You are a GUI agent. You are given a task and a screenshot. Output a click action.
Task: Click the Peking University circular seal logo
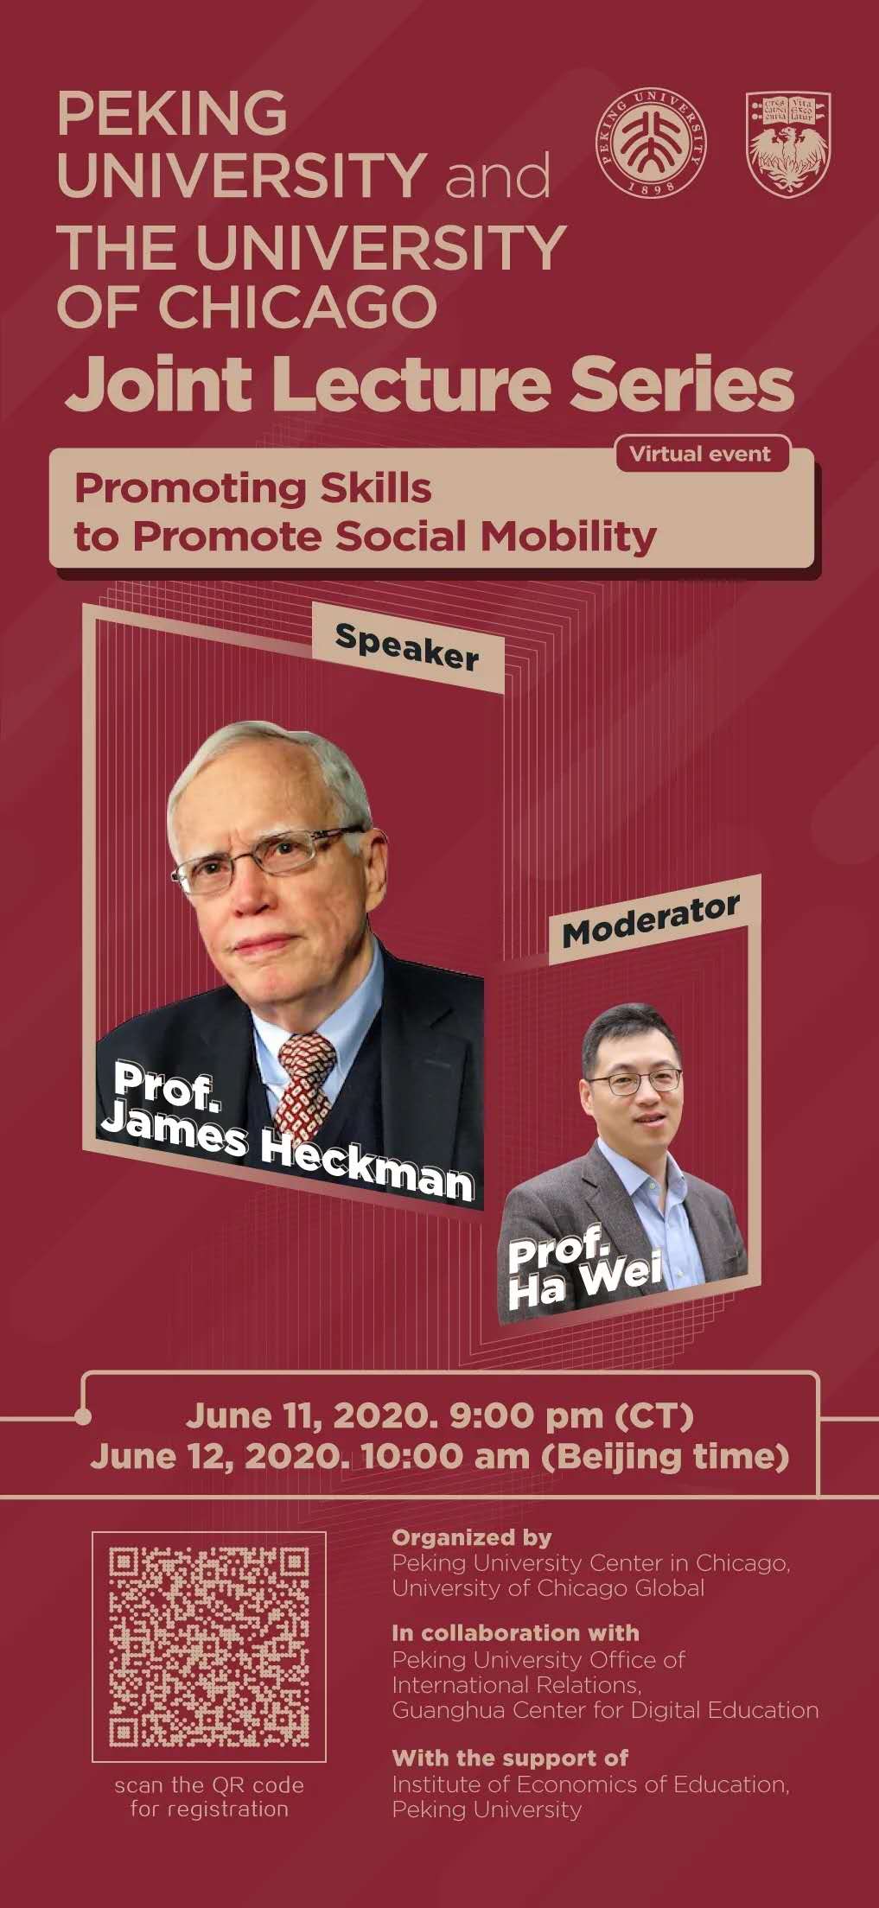point(652,142)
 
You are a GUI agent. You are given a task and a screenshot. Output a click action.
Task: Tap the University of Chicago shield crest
point(787,143)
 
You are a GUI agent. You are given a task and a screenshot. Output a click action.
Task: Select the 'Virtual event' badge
point(702,455)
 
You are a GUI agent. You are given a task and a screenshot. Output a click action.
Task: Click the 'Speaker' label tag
point(407,646)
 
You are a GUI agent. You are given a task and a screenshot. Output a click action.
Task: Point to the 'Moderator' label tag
point(653,920)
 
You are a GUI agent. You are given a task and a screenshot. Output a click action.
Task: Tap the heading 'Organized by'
point(471,1537)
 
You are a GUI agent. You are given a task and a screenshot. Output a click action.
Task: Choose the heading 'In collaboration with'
point(515,1632)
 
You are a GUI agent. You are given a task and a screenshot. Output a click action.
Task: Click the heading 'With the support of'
point(510,1757)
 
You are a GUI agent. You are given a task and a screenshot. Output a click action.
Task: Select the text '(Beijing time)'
point(665,1457)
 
